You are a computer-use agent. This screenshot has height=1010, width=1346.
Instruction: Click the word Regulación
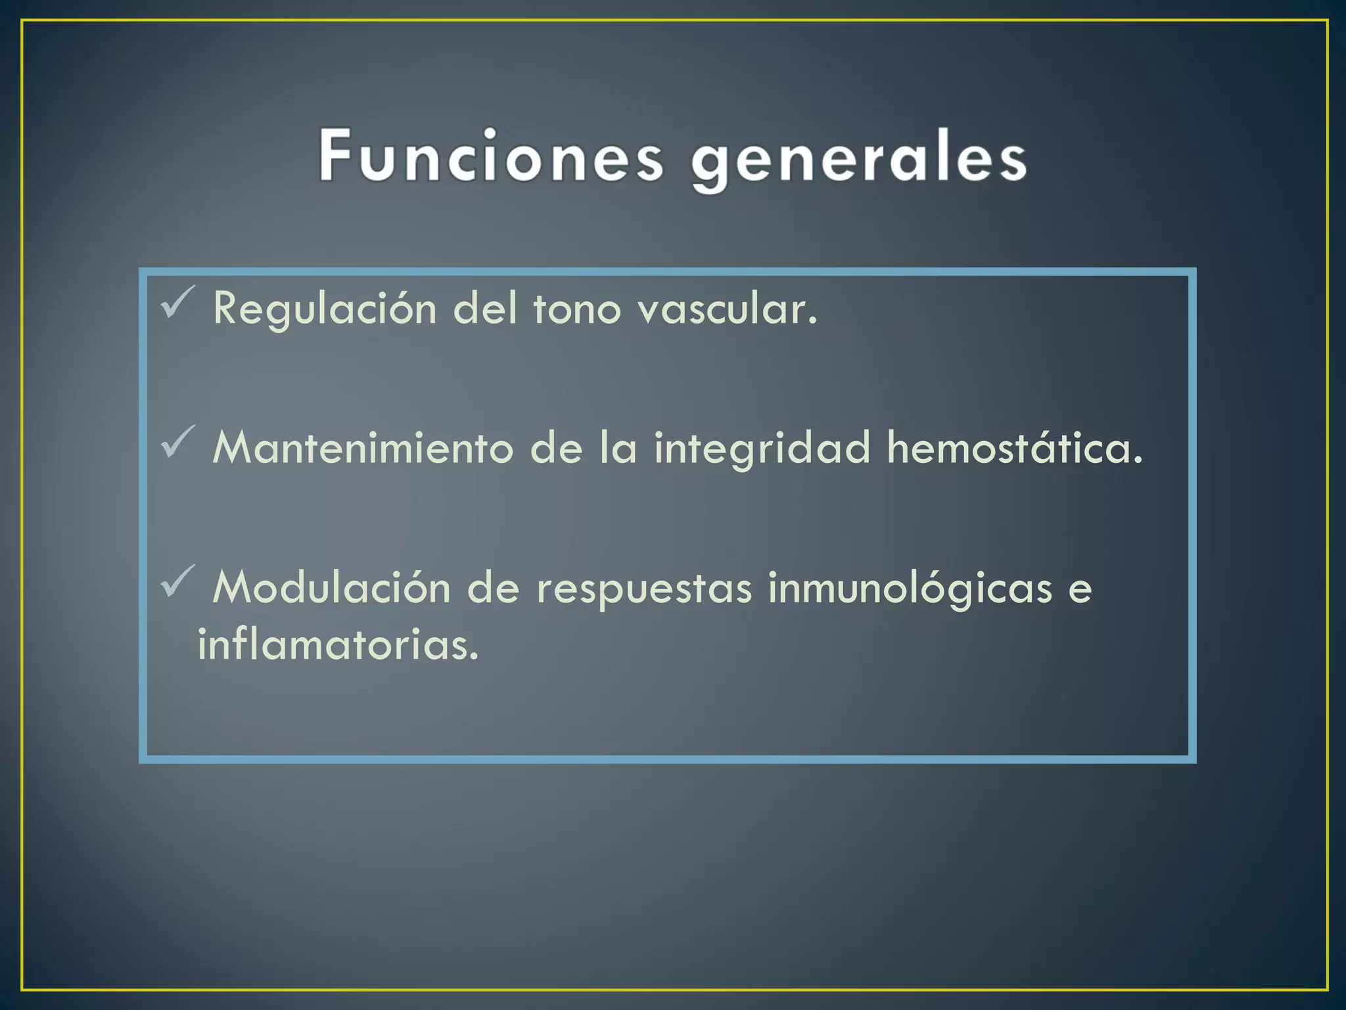[x=325, y=309]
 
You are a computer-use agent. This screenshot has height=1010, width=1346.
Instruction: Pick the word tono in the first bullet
[x=576, y=309]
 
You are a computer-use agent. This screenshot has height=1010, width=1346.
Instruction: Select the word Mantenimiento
[x=363, y=448]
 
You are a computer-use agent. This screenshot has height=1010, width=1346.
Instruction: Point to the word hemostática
[x=1015, y=448]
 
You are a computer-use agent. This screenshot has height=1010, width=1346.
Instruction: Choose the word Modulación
[x=331, y=587]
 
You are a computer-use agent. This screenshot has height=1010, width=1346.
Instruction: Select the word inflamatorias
[x=338, y=644]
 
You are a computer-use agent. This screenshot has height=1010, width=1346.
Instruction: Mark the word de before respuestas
[x=493, y=587]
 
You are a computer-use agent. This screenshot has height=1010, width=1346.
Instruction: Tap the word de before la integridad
[x=556, y=448]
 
